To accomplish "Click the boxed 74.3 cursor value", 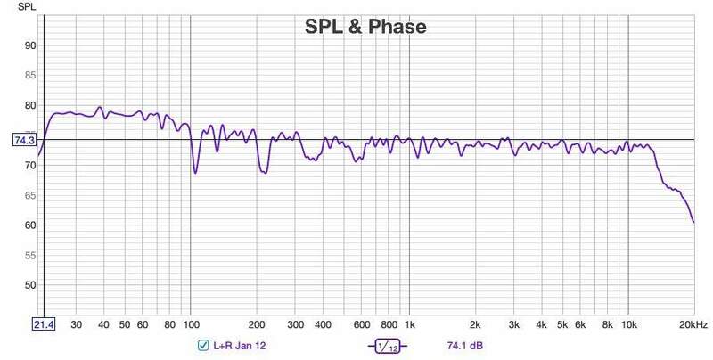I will pos(23,140).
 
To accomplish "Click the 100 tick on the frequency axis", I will pos(191,325).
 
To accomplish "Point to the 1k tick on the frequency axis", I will pos(410,325).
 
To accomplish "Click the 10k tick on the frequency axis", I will pos(629,325).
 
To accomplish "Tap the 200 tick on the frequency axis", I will pos(257,325).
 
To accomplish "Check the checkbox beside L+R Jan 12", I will pos(204,346).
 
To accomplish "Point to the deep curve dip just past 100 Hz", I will pos(195,171).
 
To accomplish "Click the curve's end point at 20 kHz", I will pos(693,222).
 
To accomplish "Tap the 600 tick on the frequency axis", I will pos(362,325).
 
